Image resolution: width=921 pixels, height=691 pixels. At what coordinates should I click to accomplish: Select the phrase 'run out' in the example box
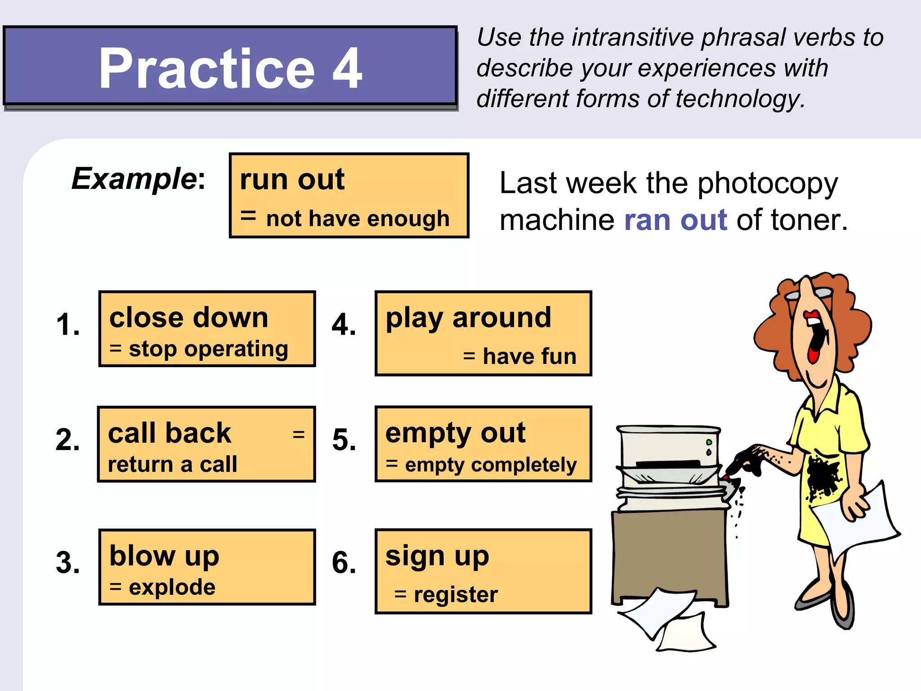coord(292,179)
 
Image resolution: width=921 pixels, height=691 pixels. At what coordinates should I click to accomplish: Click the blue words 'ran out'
coord(675,220)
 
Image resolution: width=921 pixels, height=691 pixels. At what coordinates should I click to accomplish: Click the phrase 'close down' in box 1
coord(189,318)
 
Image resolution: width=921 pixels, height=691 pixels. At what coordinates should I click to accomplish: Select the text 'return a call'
coord(172,464)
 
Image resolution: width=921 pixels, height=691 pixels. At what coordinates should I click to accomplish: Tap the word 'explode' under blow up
coord(172,587)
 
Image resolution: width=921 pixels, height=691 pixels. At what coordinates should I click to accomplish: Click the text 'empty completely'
coord(490,465)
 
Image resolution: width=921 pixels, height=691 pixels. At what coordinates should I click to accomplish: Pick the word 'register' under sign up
coord(456,594)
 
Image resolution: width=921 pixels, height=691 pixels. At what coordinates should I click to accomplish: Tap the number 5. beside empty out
coord(344,440)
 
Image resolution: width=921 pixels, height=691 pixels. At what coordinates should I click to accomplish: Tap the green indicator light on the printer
coord(709,442)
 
